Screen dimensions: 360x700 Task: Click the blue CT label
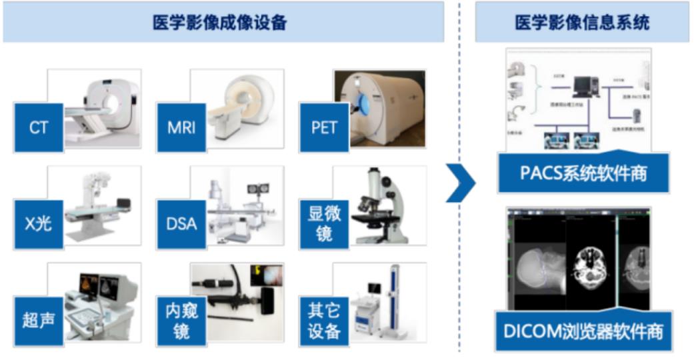[39, 127]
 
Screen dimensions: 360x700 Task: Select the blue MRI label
[181, 127]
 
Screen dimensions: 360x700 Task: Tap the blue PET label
[324, 127]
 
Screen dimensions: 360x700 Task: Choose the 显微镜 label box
[324, 223]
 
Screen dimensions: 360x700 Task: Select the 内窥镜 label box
[181, 321]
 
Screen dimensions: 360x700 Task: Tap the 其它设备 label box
[324, 321]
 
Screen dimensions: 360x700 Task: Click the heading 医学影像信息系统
[582, 23]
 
